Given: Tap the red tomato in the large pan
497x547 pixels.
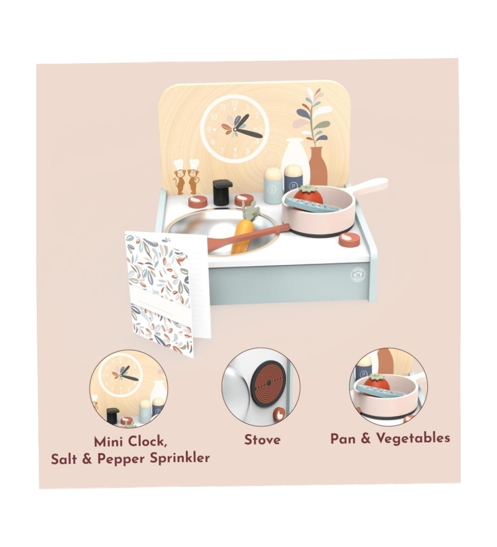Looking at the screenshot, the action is (308, 196).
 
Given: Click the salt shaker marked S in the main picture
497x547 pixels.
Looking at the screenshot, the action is (273, 186).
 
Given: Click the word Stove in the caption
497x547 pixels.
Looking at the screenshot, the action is (262, 440).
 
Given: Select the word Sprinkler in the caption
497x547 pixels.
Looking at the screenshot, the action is (179, 457).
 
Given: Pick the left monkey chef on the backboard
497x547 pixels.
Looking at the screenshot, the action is (179, 177).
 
